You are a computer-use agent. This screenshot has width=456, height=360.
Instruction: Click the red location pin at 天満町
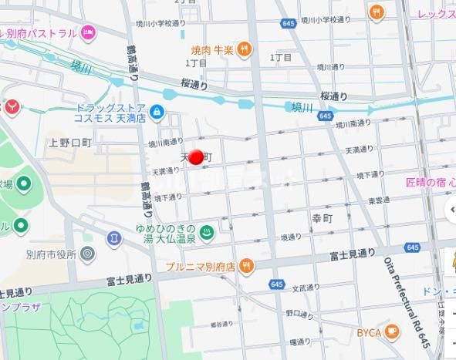coord(196,157)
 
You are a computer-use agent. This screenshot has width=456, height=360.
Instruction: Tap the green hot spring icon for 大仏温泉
coord(207,231)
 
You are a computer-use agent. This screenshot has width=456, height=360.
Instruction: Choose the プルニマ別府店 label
coord(200,266)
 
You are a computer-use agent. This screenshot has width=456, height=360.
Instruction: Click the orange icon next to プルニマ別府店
coord(245,266)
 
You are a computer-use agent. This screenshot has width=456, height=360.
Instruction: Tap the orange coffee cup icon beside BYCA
coord(392,332)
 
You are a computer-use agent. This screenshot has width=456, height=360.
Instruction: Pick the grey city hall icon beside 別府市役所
coord(87,254)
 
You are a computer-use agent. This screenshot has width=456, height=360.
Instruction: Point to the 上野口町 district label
coord(69,142)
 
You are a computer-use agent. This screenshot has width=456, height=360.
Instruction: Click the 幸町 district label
coord(321,218)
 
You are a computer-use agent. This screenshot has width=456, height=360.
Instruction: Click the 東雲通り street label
coord(379,200)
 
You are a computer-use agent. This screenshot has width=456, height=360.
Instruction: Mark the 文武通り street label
coord(304,288)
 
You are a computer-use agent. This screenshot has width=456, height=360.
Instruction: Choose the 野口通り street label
coord(298,314)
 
